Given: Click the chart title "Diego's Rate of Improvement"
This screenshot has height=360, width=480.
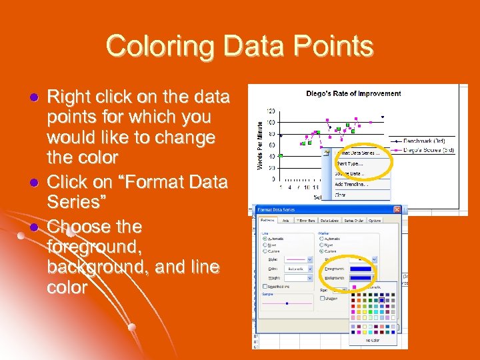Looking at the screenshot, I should (x=353, y=93).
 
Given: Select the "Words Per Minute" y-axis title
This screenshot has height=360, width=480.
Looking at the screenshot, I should (x=260, y=143).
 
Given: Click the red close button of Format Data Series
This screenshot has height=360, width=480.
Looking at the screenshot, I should (x=396, y=210).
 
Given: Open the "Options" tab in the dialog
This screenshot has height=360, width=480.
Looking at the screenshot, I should (x=375, y=220).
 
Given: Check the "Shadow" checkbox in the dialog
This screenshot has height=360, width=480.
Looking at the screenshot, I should (x=323, y=298).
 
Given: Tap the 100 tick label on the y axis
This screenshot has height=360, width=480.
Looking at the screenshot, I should (x=271, y=122).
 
